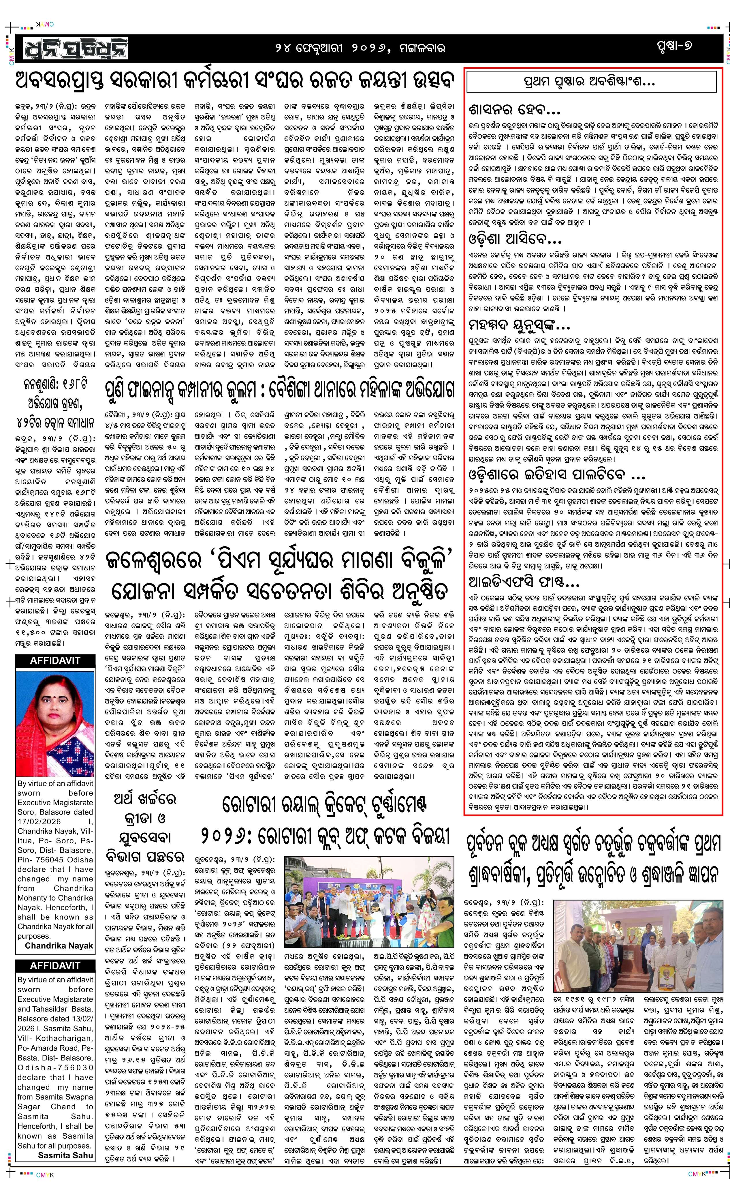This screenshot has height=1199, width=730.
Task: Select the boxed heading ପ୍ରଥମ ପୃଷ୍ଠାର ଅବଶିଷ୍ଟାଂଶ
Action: [x=591, y=81]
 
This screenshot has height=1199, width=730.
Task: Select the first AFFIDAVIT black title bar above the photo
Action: [x=55, y=660]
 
